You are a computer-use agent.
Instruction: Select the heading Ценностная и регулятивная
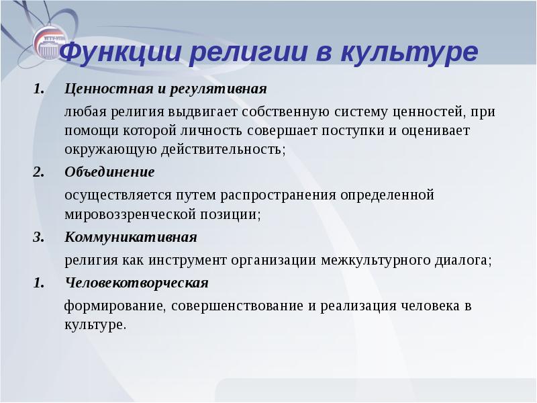tap(166, 89)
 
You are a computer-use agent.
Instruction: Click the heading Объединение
tap(109, 172)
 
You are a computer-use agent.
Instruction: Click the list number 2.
tap(38, 172)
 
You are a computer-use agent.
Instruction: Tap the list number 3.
tap(38, 237)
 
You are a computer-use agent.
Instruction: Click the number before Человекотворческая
tap(38, 282)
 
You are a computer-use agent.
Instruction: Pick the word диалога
tap(466, 259)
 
